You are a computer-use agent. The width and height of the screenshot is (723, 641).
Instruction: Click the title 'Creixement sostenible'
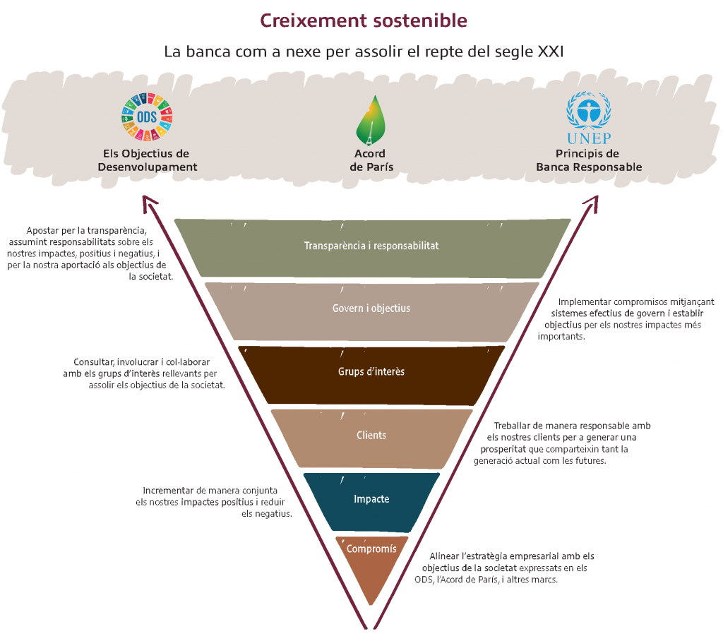364,20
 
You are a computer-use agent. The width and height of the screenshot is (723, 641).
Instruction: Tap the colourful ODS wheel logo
147,116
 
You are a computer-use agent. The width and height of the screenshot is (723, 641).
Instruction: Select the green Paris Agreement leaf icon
371,120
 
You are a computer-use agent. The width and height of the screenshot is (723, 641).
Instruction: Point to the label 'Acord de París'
371,160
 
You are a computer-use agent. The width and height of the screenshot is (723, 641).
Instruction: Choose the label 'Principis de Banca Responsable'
589,160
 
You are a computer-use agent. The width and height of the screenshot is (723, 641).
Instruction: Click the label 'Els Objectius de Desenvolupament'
147,160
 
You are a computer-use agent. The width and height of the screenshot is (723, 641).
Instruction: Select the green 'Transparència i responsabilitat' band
371,248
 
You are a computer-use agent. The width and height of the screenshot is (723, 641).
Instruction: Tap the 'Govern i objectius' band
371,312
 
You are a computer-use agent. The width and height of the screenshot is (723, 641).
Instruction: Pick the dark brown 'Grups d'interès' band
371,376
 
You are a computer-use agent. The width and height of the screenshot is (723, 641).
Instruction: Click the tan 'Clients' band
371,438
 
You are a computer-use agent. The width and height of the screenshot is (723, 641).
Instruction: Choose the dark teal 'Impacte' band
371,502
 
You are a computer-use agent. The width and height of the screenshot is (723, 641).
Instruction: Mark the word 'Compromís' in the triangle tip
371,549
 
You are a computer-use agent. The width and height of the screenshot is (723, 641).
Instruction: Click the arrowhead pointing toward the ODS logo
149,203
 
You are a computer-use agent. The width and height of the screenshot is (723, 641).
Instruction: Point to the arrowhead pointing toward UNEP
591,203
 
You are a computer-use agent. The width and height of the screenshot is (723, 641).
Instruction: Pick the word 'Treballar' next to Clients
512,426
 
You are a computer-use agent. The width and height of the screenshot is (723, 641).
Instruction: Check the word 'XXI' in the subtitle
551,52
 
